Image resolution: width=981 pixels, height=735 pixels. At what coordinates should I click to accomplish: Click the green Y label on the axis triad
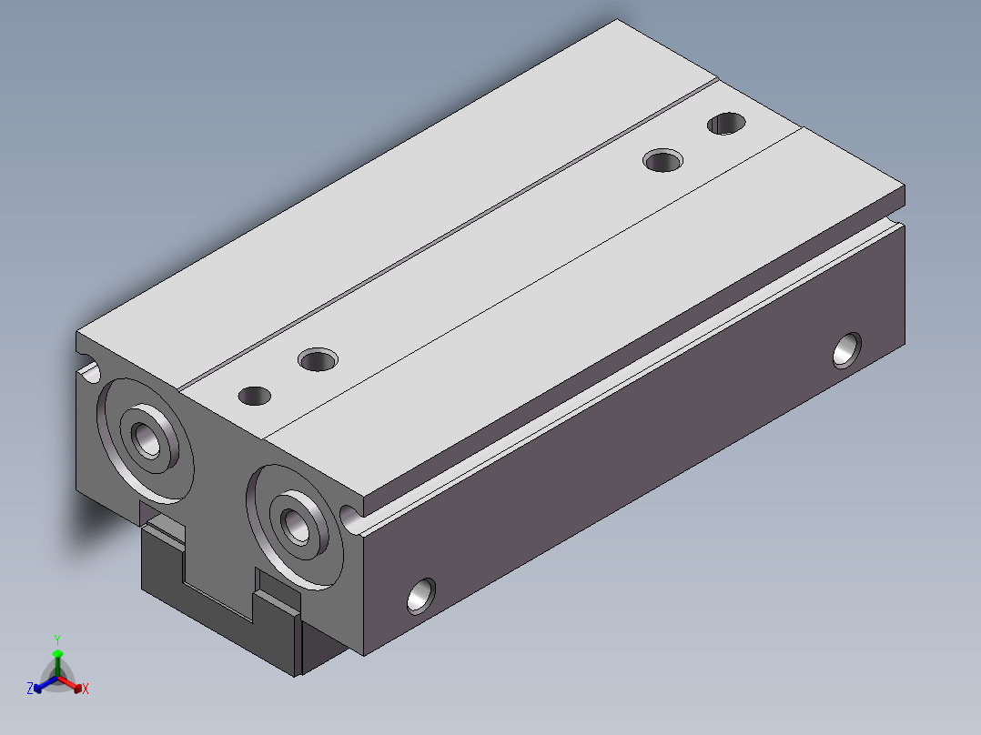(x=57, y=639)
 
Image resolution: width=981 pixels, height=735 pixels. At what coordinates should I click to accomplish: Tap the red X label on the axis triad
(x=86, y=689)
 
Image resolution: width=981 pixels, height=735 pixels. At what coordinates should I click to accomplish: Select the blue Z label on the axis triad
(x=29, y=689)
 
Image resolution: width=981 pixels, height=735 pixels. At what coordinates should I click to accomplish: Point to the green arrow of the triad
(x=57, y=662)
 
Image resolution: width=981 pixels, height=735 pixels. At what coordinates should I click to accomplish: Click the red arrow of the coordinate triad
(x=70, y=684)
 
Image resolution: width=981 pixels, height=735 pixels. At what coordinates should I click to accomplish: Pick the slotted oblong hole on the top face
(x=726, y=123)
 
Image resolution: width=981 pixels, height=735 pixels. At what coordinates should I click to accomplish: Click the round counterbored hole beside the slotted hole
(x=663, y=161)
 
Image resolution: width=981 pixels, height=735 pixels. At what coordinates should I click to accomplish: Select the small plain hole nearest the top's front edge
(x=255, y=396)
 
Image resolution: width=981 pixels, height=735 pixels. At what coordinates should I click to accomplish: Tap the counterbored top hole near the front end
(x=318, y=360)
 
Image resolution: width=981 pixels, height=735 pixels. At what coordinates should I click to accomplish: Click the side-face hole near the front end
(x=421, y=596)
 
